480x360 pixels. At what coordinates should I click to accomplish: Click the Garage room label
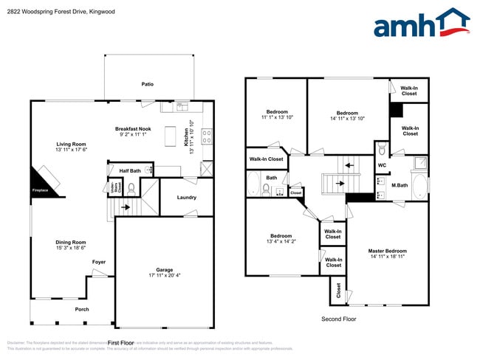164,270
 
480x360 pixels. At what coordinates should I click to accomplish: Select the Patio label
148,85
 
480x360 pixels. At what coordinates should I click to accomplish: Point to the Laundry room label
187,197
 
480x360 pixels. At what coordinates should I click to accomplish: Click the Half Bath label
130,170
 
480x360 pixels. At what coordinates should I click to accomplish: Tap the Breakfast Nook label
133,128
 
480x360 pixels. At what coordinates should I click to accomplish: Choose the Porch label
82,310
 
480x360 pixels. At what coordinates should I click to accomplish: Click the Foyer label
98,262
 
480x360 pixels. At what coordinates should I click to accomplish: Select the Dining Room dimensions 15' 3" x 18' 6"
71,248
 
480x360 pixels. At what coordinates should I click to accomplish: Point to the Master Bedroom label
387,251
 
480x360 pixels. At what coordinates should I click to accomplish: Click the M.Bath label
400,185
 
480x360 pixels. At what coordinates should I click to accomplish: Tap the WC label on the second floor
382,165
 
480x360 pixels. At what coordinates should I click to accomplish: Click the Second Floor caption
338,319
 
